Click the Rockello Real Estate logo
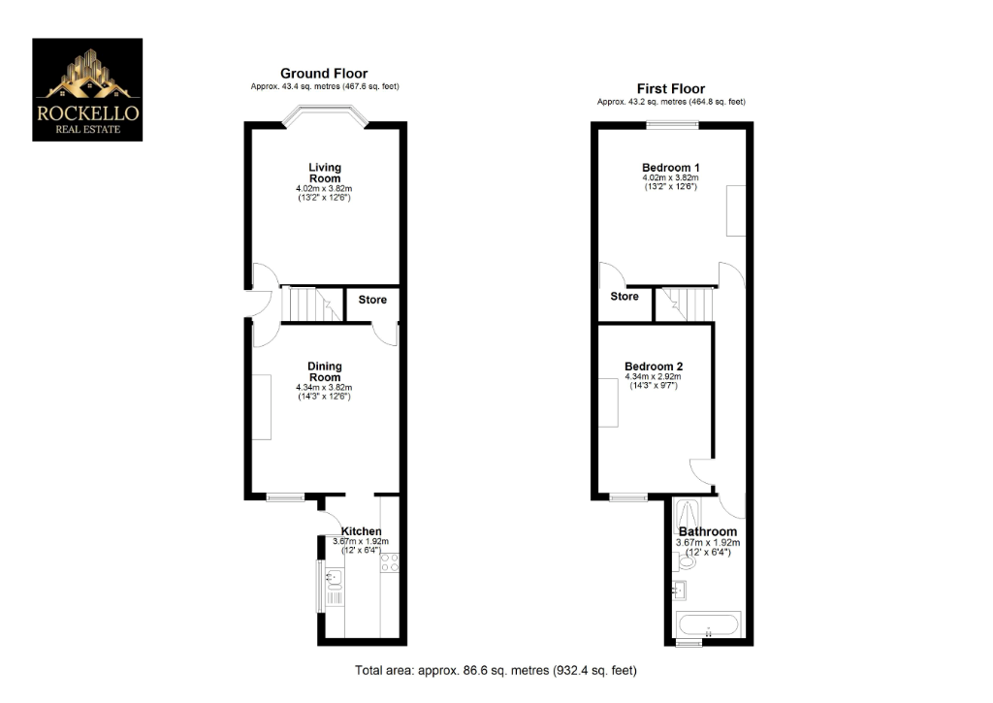coord(87,89)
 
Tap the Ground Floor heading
coord(324,74)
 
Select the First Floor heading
coord(670,89)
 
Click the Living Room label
coord(324,174)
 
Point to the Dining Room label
coord(324,372)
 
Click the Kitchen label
coord(361,531)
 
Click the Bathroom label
coord(708,532)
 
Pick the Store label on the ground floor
coord(372,300)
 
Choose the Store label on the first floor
coord(625,296)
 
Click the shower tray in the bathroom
coord(695,511)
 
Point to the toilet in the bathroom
coord(687,559)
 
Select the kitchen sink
coord(335,582)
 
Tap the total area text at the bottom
coord(496,670)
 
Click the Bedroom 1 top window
coord(673,124)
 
